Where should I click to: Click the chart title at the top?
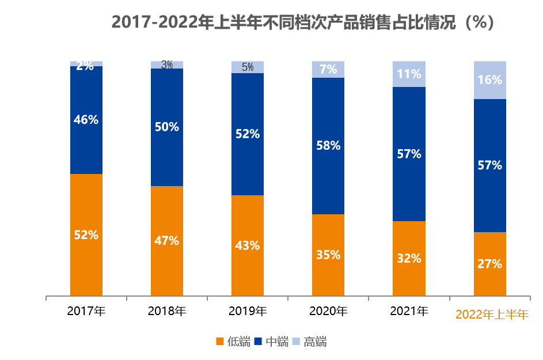[303, 22]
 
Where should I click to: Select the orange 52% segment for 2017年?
[86, 235]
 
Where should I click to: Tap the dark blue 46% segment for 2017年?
[86, 120]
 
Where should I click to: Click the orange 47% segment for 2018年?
[167, 241]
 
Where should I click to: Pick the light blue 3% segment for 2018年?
[167, 65]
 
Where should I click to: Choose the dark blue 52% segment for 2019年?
[248, 134]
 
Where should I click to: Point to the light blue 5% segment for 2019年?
[248, 67]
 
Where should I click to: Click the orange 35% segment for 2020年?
[328, 255]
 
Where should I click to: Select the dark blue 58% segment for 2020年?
[328, 146]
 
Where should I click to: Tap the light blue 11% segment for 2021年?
[409, 74]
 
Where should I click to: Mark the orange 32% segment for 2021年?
[409, 258]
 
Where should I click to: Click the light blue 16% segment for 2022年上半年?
[490, 80]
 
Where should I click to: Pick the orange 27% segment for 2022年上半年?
[490, 264]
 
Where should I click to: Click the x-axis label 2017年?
[86, 312]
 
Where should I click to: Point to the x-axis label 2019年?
[248, 312]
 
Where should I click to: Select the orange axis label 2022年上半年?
[492, 314]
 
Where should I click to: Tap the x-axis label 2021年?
[409, 312]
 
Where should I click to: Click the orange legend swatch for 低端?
[219, 342]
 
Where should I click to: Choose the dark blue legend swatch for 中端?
[258, 342]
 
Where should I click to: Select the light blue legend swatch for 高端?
[296, 342]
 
